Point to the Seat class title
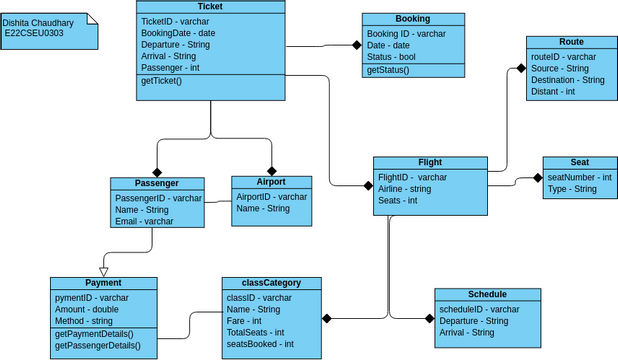[579, 162]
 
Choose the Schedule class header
[486, 295]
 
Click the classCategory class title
[271, 283]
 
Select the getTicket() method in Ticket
[161, 80]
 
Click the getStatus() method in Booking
[388, 70]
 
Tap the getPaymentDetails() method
[98, 333]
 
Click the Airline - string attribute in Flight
[404, 188]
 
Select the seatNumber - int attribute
[579, 176]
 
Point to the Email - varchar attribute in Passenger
[144, 221]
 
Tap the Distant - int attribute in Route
[553, 91]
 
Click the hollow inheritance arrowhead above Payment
[103, 270]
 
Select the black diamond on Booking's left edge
[355, 44]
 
